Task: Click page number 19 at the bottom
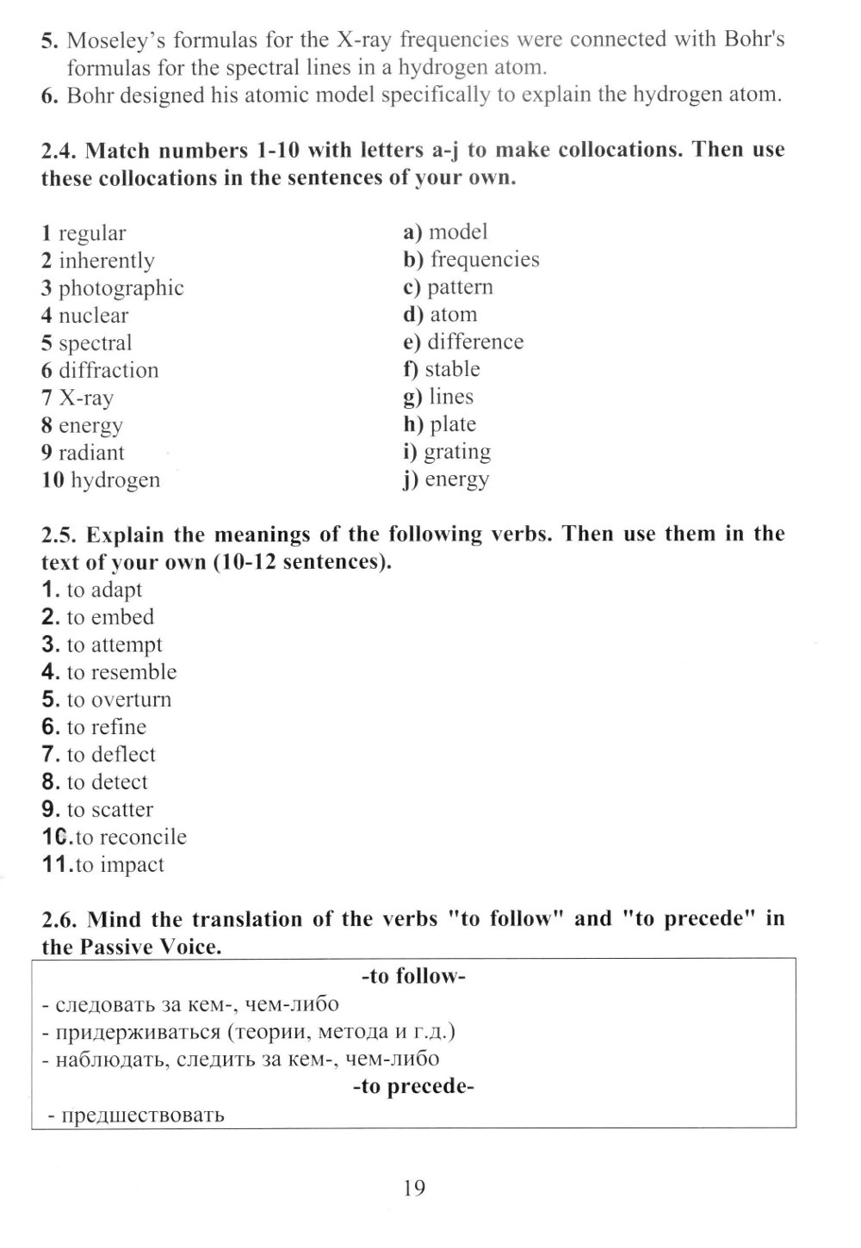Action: coord(413,1189)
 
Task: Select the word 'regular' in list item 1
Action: coord(92,233)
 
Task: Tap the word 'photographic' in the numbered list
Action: coord(121,288)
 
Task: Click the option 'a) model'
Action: coord(445,232)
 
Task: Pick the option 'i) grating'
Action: coord(446,452)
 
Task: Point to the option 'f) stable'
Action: coord(441,369)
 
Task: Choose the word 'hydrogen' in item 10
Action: coord(115,480)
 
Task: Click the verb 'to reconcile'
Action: coord(130,837)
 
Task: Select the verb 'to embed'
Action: coord(110,617)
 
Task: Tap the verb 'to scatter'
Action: coord(109,810)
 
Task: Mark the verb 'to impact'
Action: coord(119,865)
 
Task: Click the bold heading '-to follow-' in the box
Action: coord(413,976)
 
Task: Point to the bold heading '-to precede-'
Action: coord(413,1086)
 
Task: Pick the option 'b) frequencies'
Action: coord(471,259)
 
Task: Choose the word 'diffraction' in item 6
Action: coord(108,371)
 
